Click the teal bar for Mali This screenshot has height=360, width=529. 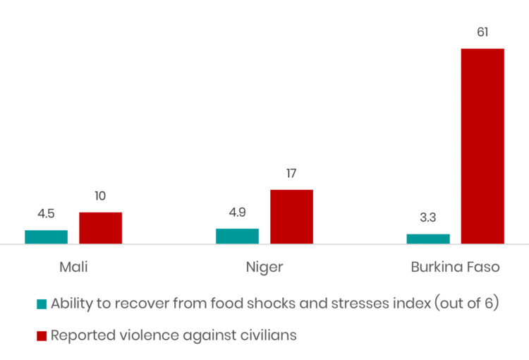coord(47,237)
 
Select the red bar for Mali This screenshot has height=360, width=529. coord(100,228)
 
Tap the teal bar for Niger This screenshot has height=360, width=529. coord(237,236)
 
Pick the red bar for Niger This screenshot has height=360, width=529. coord(291,217)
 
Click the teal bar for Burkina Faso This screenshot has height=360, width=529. coord(428,239)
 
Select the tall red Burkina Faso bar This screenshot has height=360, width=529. coord(482,146)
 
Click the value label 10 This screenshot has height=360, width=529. coord(100,196)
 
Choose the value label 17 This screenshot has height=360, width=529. coord(291,174)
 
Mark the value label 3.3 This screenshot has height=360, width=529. coord(428,218)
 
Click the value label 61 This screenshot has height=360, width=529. coord(482,32)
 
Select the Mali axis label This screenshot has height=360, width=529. coord(73,268)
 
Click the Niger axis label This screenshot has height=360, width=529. coord(264,268)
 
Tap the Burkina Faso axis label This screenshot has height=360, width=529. coord(455,268)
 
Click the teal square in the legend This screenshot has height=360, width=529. coord(42,304)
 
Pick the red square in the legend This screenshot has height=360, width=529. coord(42,336)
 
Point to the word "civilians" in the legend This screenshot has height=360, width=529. coord(268,335)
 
